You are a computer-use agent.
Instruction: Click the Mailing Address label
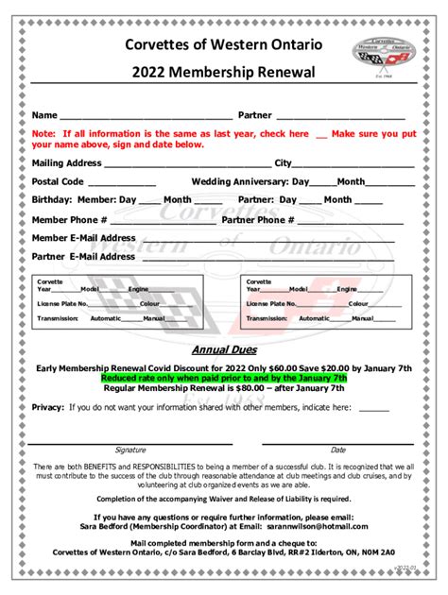coord(66,163)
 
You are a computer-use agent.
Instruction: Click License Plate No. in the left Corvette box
coord(62,304)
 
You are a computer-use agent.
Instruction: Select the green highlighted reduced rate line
coord(224,377)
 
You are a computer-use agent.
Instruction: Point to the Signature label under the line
coord(130,450)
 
